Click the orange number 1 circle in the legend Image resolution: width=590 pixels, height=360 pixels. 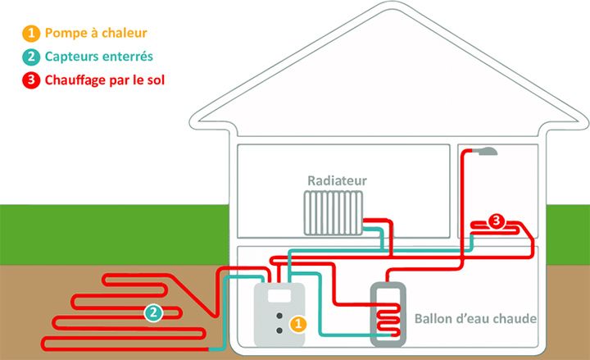31,33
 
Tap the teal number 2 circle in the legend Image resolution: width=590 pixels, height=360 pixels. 31,57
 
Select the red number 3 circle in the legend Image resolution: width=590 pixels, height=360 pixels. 31,80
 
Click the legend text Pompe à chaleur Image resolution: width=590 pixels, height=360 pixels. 96,33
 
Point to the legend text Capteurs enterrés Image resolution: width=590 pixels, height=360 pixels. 99,57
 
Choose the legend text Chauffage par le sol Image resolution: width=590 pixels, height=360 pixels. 105,80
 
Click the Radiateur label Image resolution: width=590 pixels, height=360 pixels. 337,180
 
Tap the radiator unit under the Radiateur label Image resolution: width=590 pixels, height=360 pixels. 334,213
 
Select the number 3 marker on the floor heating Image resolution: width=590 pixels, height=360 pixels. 497,221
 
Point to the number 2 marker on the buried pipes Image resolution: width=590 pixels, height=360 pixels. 153,313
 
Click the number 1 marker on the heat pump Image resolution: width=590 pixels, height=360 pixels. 298,324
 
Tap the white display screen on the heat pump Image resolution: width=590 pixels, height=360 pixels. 279,295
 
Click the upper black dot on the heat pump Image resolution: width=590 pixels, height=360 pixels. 279,316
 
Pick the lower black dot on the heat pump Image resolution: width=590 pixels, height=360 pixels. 279,330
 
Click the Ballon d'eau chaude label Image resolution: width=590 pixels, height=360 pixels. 475,318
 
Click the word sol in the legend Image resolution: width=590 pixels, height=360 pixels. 156,80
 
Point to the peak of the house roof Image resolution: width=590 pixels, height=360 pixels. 392,3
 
